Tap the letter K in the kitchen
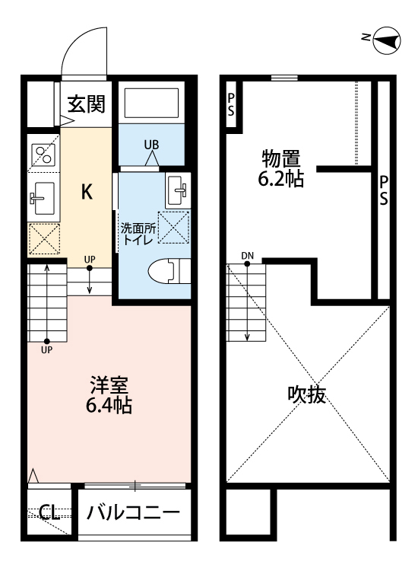[x=87, y=193]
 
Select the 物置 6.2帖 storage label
[x=280, y=169]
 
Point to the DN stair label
[x=248, y=255]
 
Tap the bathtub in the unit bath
[x=151, y=102]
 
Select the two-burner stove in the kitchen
[x=42, y=157]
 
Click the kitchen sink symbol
[x=42, y=199]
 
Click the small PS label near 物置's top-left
[x=230, y=105]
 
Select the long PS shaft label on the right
[x=385, y=190]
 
